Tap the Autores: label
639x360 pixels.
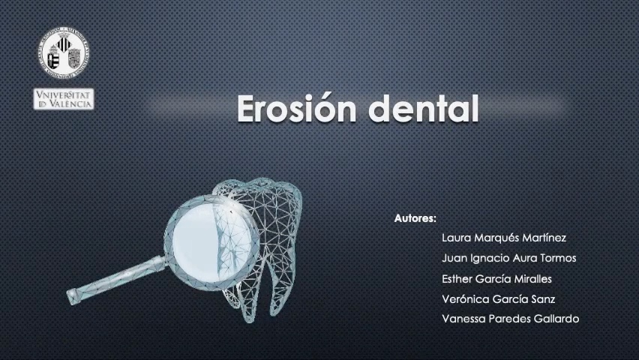click(x=415, y=218)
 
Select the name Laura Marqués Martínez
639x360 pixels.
click(x=504, y=238)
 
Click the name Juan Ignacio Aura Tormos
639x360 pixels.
click(x=509, y=258)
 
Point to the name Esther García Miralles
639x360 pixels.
click(x=496, y=278)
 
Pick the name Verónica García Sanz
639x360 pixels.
click(x=498, y=298)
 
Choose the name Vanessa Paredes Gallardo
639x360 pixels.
click(x=510, y=318)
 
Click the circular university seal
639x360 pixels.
click(x=64, y=54)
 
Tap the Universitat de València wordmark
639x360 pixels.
click(x=64, y=99)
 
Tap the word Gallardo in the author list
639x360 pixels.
click(x=554, y=318)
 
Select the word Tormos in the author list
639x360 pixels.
click(x=556, y=258)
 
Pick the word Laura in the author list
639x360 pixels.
click(x=456, y=238)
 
